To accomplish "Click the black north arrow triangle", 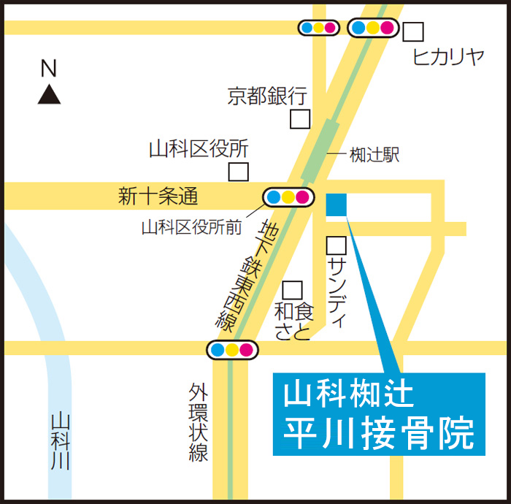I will (x=49, y=95).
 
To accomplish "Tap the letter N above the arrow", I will (x=48, y=69).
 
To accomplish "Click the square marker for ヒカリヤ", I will (x=414, y=31).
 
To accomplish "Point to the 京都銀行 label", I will (x=267, y=96).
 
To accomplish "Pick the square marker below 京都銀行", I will (x=300, y=118).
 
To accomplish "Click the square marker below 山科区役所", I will (x=238, y=172).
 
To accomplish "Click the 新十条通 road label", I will (x=158, y=196).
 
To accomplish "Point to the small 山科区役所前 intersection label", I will (x=191, y=227).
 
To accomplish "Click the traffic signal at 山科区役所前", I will (x=288, y=196).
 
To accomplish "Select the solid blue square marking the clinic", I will (x=337, y=205).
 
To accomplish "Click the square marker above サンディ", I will (x=336, y=245).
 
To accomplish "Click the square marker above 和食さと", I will (x=292, y=290).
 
